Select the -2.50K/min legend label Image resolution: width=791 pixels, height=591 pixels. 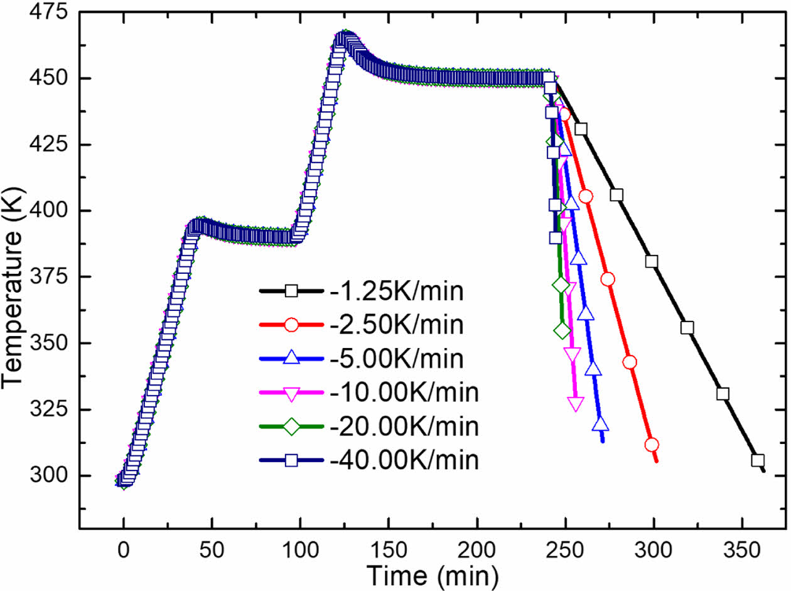click(x=397, y=325)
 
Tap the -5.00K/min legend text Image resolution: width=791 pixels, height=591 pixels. click(x=397, y=359)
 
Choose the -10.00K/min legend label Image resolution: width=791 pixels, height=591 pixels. click(x=404, y=393)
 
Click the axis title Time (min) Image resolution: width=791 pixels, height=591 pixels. click(x=433, y=573)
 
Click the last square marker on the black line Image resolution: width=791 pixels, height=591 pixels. click(x=758, y=460)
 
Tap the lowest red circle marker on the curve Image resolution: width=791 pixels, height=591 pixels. click(x=652, y=445)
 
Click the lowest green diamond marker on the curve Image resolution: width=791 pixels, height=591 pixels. click(x=562, y=330)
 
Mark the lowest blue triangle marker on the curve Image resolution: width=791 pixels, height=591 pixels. click(x=601, y=424)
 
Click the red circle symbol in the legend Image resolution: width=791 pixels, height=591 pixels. click(x=291, y=325)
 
